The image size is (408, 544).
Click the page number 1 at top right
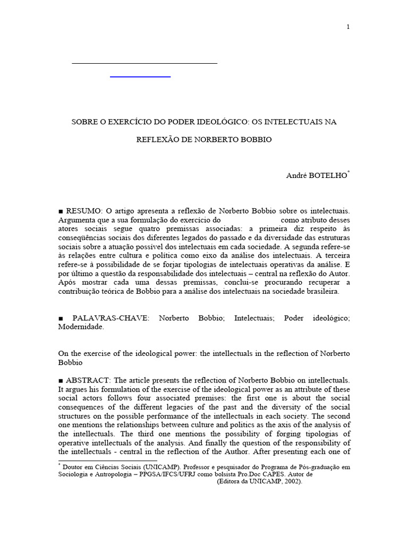(x=348, y=28)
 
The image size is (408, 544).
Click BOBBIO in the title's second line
(x=257, y=140)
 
